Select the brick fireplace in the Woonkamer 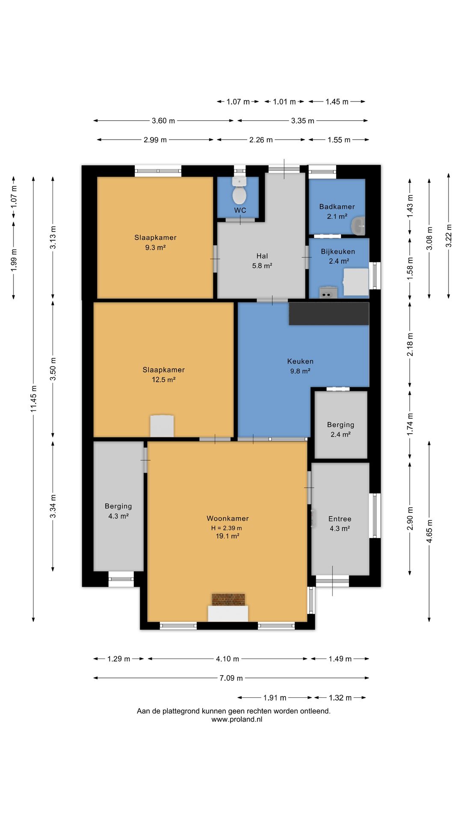[x=228, y=599]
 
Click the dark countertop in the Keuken [x=329, y=314]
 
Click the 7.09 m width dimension [x=231, y=678]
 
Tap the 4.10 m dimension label [x=228, y=659]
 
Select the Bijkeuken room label [x=338, y=251]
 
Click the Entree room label [x=340, y=519]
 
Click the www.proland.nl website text [x=237, y=719]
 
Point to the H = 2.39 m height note [x=226, y=528]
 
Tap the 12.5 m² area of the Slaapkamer [x=164, y=380]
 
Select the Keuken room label [x=300, y=361]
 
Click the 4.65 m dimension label [x=429, y=531]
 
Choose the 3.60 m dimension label [x=163, y=121]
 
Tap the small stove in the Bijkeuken [x=328, y=292]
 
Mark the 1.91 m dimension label [x=275, y=698]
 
